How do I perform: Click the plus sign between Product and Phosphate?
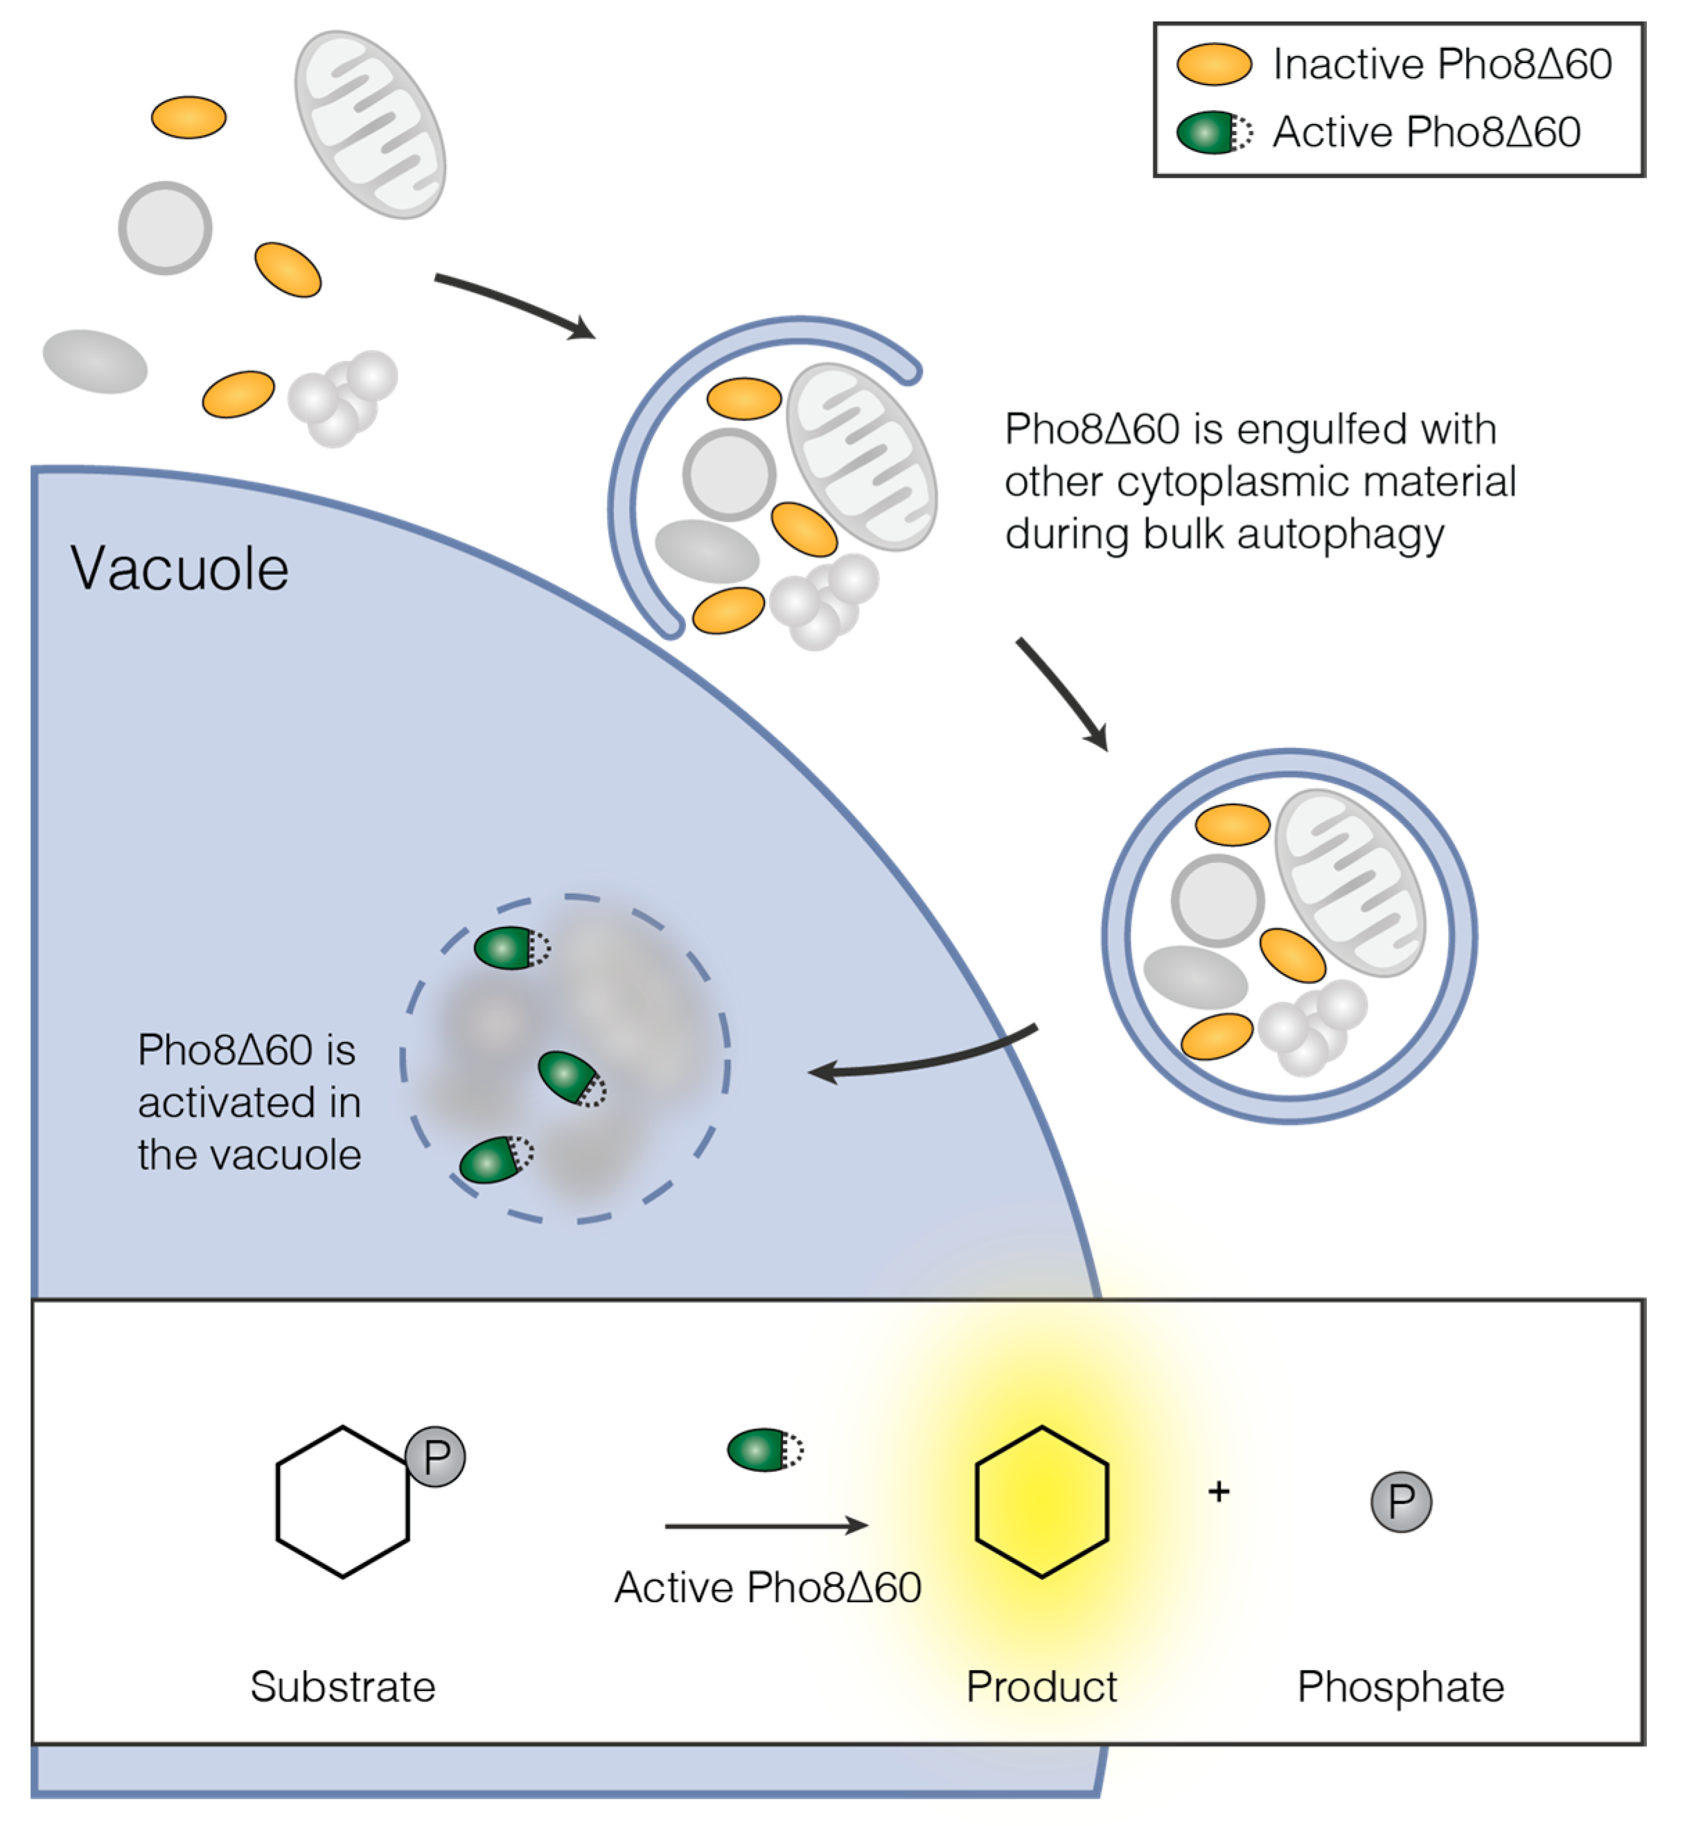click(1219, 1492)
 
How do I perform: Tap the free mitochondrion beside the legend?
click(370, 124)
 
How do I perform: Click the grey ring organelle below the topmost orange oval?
click(165, 228)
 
